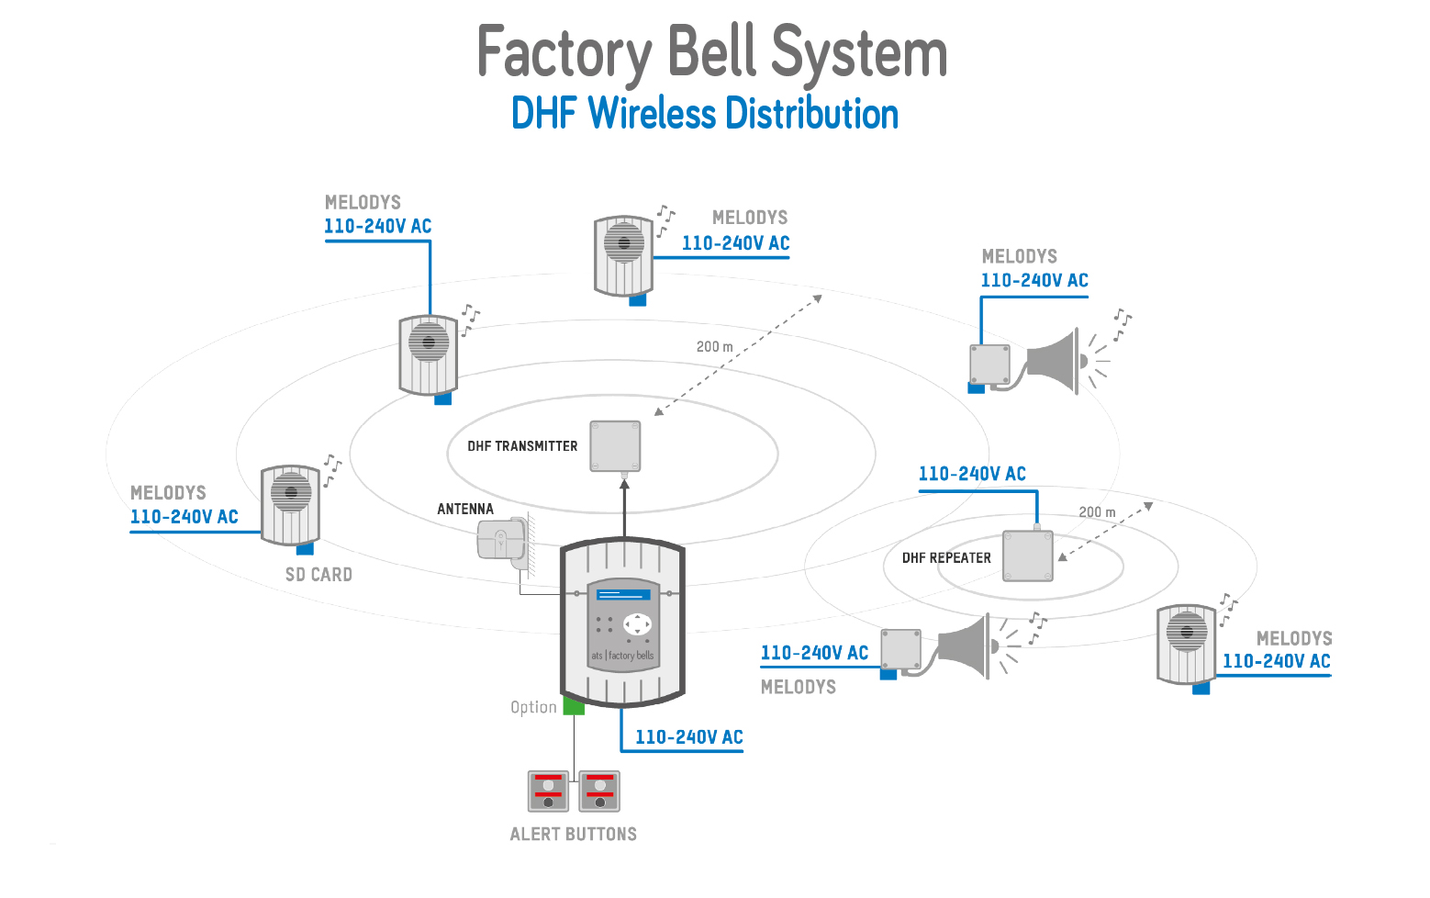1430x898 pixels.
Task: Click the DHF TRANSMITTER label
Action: click(x=522, y=446)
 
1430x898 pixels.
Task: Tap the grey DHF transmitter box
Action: click(x=615, y=446)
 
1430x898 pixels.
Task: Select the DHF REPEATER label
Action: click(x=946, y=558)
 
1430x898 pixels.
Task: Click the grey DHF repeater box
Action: click(x=1028, y=556)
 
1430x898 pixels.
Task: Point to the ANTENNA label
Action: click(x=465, y=509)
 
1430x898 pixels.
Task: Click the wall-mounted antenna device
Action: click(x=501, y=539)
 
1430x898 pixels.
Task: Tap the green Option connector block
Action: click(x=574, y=706)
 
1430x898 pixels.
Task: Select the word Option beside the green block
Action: click(x=533, y=707)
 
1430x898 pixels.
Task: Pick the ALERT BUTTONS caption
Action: click(x=573, y=834)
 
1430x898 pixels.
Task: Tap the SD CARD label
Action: click(x=318, y=575)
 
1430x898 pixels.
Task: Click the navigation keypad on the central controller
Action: click(x=637, y=624)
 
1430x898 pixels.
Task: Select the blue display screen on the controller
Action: click(x=624, y=595)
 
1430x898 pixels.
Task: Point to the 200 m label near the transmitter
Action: click(x=714, y=347)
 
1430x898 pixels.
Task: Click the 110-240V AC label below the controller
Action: click(x=688, y=737)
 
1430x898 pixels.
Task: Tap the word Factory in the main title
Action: click(x=564, y=53)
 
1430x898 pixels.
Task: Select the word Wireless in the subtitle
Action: click(x=652, y=114)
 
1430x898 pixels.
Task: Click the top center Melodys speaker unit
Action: click(x=623, y=256)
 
